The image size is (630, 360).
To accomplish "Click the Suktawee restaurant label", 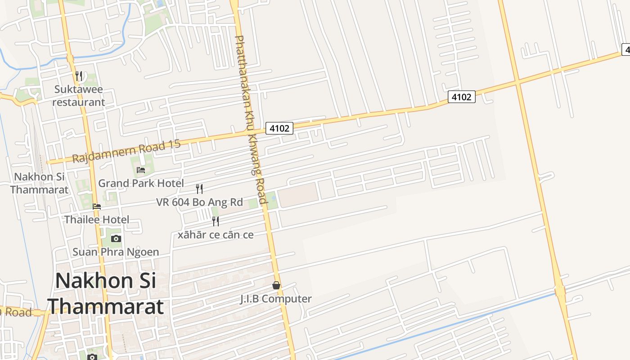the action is pos(79,96).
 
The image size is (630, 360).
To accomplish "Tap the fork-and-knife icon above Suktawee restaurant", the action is pos(79,76).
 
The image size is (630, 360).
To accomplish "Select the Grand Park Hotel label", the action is pos(141,183).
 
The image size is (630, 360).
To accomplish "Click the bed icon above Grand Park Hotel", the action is pos(141,170).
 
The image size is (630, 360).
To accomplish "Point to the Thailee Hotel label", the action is pos(97,220).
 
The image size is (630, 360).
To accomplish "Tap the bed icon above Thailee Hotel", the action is pos(97,207).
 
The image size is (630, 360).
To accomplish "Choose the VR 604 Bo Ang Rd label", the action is pos(199,202).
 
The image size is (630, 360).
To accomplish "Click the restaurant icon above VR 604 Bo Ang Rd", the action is pos(199,189).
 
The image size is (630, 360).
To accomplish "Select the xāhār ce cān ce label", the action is pos(216,234).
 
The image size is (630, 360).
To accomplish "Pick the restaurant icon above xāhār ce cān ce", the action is pos(216,221).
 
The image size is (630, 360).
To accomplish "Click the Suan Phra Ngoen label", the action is pos(116,252).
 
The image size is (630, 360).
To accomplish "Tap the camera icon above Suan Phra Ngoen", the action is pos(116,238).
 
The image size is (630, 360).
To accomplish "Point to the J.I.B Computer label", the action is pos(276,299).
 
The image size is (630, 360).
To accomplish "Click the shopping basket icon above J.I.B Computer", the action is pos(276,285).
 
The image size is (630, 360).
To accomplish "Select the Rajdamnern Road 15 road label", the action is pos(126,151).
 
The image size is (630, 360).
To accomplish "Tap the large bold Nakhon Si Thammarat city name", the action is pos(106,293).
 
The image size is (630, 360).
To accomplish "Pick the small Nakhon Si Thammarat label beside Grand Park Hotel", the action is pos(39,183).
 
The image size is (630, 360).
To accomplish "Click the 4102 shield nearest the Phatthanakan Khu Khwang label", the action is pos(279,128).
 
